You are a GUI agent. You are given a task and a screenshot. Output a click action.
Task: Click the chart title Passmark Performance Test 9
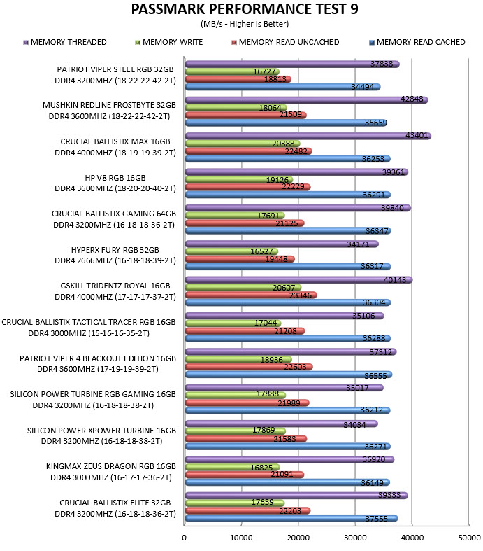tap(245, 9)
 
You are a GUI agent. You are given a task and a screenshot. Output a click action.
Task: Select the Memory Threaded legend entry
tap(65, 42)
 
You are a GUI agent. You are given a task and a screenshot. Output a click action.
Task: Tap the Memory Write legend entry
tap(169, 42)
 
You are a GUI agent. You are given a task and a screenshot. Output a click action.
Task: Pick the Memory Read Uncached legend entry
tap(285, 42)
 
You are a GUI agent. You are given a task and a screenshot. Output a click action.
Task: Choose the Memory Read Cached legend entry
tap(417, 42)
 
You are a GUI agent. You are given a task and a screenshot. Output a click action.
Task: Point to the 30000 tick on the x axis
tap(355, 538)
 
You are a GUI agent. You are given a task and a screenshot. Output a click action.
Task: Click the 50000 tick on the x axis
tap(469, 538)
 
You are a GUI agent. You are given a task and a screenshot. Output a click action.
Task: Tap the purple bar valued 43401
tap(308, 136)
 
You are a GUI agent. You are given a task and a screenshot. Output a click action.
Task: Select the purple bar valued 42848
tap(306, 100)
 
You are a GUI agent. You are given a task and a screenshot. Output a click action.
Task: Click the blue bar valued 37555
tap(291, 518)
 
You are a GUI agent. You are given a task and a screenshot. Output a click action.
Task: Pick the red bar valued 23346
tap(251, 295)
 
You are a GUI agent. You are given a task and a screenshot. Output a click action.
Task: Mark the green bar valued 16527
tap(231, 251)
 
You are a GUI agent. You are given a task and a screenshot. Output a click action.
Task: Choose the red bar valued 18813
tap(238, 79)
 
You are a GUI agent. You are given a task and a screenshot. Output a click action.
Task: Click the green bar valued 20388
tap(243, 144)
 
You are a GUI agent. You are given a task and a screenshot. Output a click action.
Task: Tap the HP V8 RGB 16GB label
tap(115, 178)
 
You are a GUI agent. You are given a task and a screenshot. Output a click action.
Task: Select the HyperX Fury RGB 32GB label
tap(115, 250)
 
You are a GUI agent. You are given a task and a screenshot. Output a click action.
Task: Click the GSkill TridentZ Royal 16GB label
tap(115, 286)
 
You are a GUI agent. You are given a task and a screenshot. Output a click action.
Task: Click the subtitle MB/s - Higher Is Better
tap(245, 24)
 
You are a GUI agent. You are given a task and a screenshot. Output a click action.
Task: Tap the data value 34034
tap(354, 425)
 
